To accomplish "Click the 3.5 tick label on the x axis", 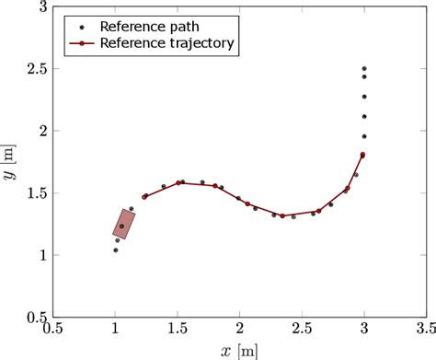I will pyautogui.click(x=425, y=327).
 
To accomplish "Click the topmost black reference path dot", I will pyautogui.click(x=364, y=69).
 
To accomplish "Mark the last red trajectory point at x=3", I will pyautogui.click(x=363, y=155).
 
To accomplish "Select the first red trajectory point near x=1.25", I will pyautogui.click(x=144, y=196).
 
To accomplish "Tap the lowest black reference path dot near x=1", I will pyautogui.click(x=115, y=250).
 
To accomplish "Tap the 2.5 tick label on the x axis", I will pyautogui.click(x=301, y=327).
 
